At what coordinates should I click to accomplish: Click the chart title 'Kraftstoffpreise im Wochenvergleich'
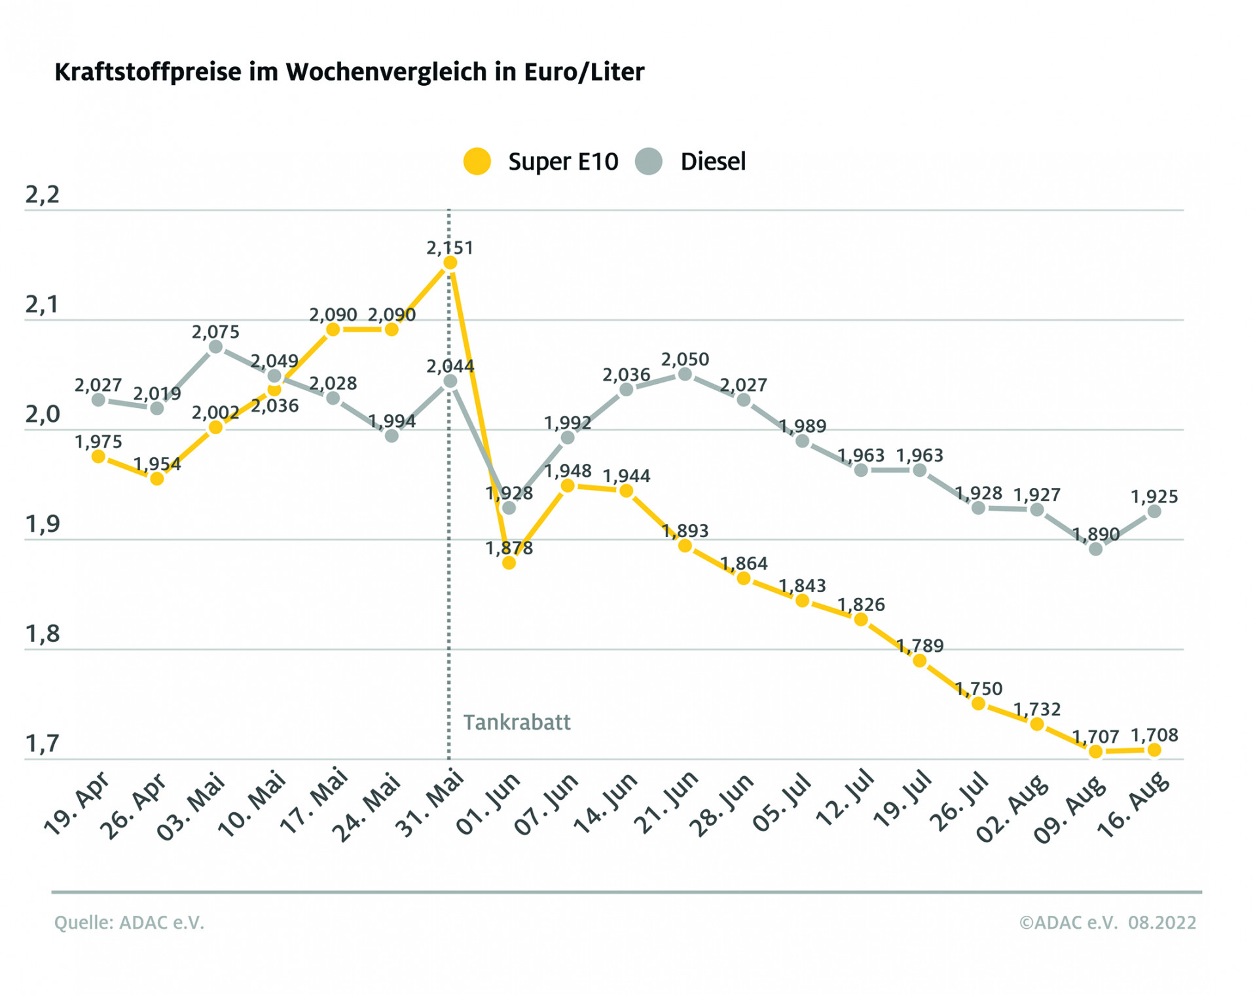coord(349,72)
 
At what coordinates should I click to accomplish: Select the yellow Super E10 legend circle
coord(477,161)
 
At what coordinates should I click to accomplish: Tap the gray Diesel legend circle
coord(649,161)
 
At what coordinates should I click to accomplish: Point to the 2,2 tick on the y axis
coord(43,195)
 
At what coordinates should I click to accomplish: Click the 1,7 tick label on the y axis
coord(43,744)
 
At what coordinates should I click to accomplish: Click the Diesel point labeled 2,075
coord(215,347)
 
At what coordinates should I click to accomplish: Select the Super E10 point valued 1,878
coord(509,563)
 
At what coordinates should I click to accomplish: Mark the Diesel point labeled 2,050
coord(685,375)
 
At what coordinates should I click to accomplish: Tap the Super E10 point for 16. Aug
coord(1154,750)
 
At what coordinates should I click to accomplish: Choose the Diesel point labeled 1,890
coord(1095,550)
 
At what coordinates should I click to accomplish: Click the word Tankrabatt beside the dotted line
coord(517,723)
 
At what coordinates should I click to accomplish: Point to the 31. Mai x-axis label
coord(430,804)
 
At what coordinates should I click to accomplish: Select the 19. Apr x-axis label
coord(77,804)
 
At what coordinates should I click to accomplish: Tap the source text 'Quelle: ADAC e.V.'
coord(129,923)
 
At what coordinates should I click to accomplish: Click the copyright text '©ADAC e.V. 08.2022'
coord(1107,923)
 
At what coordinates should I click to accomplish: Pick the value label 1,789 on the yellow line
coord(919,646)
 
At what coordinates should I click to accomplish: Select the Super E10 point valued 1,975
coord(98,457)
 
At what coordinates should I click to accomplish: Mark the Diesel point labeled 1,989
coord(802,441)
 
